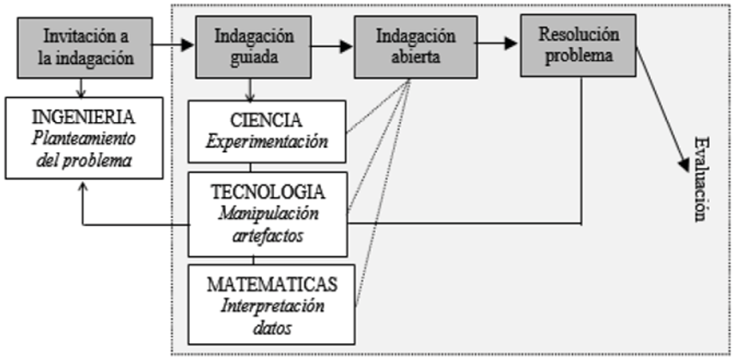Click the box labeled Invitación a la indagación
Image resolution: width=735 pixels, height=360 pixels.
(x=85, y=47)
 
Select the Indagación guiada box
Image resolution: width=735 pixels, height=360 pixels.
(x=253, y=47)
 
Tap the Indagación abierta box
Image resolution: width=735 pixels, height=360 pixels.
(x=416, y=47)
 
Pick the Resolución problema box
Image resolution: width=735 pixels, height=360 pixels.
(x=578, y=45)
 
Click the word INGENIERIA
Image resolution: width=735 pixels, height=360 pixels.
(x=83, y=117)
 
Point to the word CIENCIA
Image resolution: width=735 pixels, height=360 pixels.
(x=266, y=120)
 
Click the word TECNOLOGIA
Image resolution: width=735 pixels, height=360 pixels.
(x=268, y=192)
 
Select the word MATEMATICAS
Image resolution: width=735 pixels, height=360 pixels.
(x=272, y=285)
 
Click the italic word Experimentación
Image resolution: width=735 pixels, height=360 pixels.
(x=267, y=142)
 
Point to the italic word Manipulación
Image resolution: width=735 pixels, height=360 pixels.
(x=269, y=214)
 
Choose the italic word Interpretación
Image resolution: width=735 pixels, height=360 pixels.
(x=272, y=306)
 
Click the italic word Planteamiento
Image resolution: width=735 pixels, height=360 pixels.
(x=84, y=139)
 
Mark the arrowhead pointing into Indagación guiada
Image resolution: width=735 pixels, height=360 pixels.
(x=188, y=45)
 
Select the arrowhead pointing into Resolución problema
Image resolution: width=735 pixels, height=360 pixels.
(x=511, y=43)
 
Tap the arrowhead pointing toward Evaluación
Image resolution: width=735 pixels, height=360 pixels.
(x=683, y=165)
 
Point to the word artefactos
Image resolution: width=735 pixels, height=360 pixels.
(x=268, y=236)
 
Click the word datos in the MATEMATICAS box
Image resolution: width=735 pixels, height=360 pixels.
(x=272, y=328)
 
